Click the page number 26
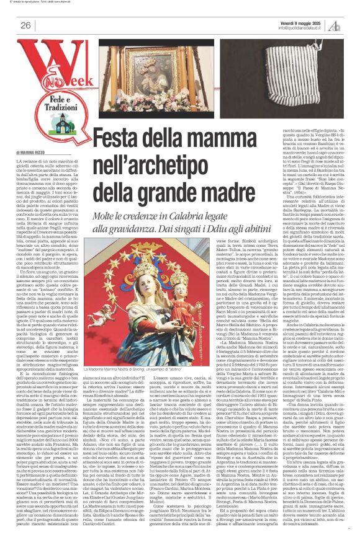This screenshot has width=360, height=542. (26, 25)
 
